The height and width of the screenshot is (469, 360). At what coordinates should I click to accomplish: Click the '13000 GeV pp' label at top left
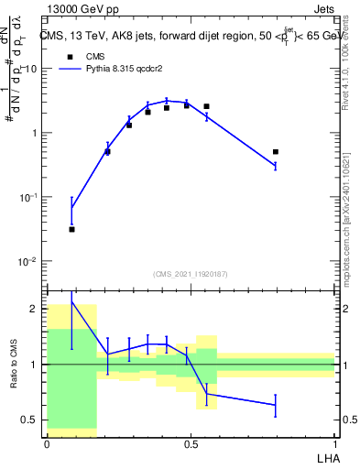point(80,8)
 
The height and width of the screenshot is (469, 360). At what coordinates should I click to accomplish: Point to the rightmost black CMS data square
point(276,152)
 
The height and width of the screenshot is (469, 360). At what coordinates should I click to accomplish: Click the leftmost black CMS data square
point(72,229)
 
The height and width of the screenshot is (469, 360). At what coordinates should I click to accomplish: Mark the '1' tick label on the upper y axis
point(35,134)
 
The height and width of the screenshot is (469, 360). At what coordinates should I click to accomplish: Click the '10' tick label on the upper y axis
point(31,70)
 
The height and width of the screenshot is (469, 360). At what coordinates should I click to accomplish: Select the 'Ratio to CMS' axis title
point(14,365)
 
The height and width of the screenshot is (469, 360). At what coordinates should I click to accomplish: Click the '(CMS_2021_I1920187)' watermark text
point(191,273)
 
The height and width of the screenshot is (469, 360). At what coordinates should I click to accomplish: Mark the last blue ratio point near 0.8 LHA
point(276,405)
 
